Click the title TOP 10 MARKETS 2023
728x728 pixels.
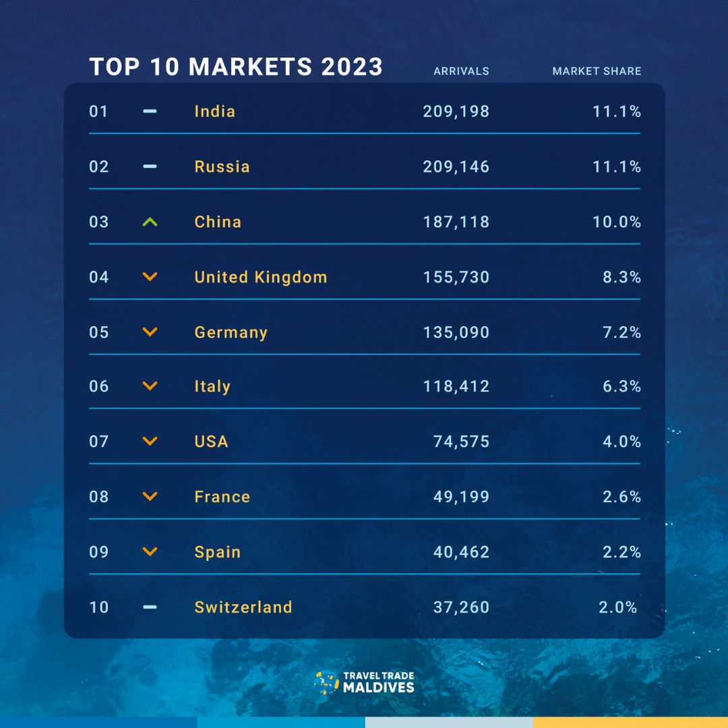pos(236,67)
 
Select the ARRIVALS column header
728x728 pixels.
pos(461,71)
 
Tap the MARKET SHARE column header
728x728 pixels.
pos(597,71)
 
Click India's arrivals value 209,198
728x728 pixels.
pos(456,111)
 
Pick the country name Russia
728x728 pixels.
pos(222,166)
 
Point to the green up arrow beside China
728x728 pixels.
pos(150,222)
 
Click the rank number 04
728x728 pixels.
pos(99,277)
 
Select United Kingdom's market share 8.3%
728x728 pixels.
pos(621,277)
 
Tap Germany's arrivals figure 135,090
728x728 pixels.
pos(456,332)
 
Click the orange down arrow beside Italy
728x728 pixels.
pos(150,386)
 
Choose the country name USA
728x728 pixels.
pos(211,442)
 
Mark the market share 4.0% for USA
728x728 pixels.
pos(621,442)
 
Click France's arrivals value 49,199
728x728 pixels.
pos(461,497)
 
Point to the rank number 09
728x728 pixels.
pos(99,552)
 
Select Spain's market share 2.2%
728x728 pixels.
pos(621,552)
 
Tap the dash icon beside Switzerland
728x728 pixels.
pos(150,607)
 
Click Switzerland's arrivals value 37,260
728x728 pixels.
pos(461,607)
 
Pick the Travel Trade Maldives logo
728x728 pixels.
pos(364,682)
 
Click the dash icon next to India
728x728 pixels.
pos(150,111)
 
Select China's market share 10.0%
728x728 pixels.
pos(617,222)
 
